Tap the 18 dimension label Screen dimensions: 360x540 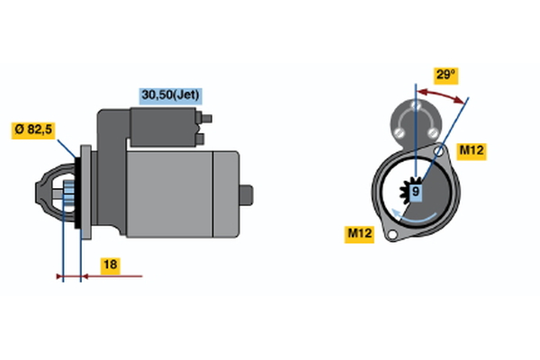click(x=109, y=265)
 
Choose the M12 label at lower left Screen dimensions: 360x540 click(x=360, y=234)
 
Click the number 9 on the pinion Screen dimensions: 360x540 click(x=416, y=192)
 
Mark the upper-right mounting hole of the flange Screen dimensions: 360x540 click(x=438, y=152)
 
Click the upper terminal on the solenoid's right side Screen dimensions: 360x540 click(x=206, y=117)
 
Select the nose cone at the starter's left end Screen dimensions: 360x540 click(x=48, y=192)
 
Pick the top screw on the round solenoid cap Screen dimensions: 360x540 click(x=415, y=107)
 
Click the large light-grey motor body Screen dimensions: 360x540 click(x=180, y=193)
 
